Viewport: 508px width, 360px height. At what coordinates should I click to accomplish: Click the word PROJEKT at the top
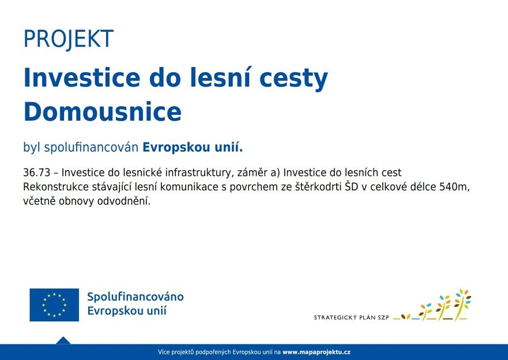tap(69, 39)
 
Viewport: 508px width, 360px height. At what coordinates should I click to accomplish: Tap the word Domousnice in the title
tap(103, 112)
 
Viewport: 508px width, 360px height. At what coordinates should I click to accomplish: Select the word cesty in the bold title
tap(294, 78)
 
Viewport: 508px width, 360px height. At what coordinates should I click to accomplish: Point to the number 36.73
tap(36, 172)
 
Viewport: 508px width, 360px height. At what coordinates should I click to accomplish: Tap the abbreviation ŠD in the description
tap(351, 186)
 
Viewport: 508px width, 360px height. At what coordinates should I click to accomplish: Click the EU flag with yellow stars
tap(54, 305)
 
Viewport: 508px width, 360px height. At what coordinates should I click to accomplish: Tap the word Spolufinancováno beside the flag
tap(136, 297)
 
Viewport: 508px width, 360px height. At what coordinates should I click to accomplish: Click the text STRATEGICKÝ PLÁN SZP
tap(351, 317)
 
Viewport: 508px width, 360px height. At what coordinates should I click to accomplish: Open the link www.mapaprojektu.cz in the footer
tap(316, 352)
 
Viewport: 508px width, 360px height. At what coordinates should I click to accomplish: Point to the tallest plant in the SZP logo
tap(462, 304)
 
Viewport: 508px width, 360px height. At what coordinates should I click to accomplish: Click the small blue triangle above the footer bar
tap(63, 340)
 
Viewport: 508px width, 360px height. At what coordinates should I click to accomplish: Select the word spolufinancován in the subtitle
tap(91, 148)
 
